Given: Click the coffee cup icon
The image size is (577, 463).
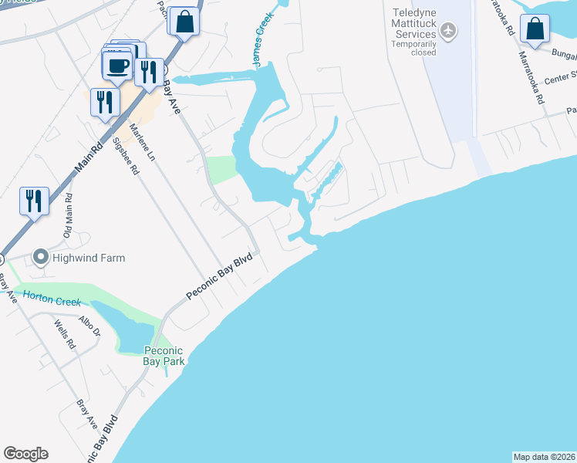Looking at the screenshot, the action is click(116, 66).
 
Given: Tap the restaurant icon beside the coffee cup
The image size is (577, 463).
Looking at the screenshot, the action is click(148, 72).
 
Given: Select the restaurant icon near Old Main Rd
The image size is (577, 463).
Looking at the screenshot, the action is click(34, 201).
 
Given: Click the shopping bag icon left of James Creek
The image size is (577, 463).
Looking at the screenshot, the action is click(185, 22).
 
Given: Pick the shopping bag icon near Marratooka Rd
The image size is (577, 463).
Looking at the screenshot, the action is click(535, 29).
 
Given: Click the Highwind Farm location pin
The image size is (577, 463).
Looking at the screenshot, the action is click(40, 257).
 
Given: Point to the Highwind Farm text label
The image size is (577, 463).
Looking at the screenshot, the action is click(89, 258).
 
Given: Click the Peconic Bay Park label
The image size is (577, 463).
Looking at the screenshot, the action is click(165, 356).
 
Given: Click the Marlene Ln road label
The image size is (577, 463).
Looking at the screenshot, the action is click(145, 144).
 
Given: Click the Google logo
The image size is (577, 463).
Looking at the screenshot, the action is click(25, 454).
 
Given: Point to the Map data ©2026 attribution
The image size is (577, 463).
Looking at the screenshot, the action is click(544, 456).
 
